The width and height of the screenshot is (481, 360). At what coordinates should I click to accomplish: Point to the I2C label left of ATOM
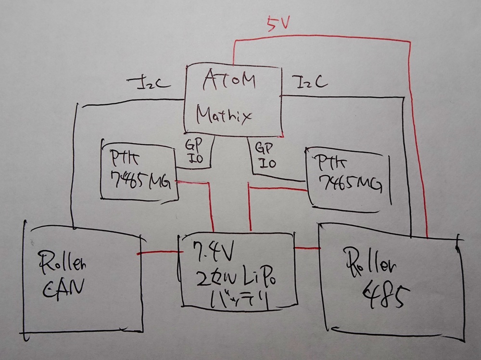(148, 83)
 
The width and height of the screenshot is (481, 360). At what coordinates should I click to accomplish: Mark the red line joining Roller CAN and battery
(158, 252)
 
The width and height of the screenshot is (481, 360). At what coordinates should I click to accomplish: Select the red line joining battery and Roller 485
(306, 248)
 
